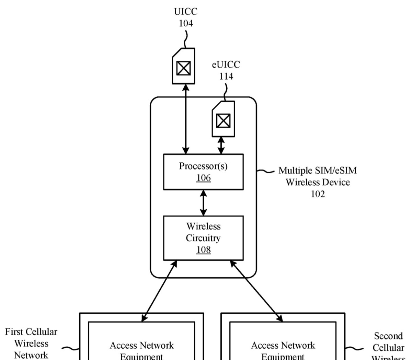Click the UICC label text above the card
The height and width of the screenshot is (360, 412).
coord(186,12)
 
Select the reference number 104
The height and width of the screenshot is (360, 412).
coord(186,23)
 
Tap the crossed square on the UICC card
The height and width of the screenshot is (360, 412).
coord(183,68)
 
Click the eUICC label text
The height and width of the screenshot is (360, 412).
coord(226,65)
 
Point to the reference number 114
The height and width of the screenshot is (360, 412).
coord(226,76)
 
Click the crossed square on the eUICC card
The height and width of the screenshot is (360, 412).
coord(223,120)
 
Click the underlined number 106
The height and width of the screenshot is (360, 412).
coord(203,178)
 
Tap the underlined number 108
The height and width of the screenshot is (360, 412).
coord(203,250)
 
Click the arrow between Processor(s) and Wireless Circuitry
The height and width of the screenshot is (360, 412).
coord(203,203)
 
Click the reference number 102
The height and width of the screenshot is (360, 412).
coord(318,194)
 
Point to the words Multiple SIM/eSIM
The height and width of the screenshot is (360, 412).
coord(318,171)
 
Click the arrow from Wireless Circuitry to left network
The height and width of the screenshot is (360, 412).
coord(159,291)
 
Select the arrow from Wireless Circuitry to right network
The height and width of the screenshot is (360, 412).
coord(256,291)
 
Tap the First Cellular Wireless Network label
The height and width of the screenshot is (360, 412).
coord(31,343)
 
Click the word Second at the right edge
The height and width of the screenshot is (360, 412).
coord(388,336)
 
